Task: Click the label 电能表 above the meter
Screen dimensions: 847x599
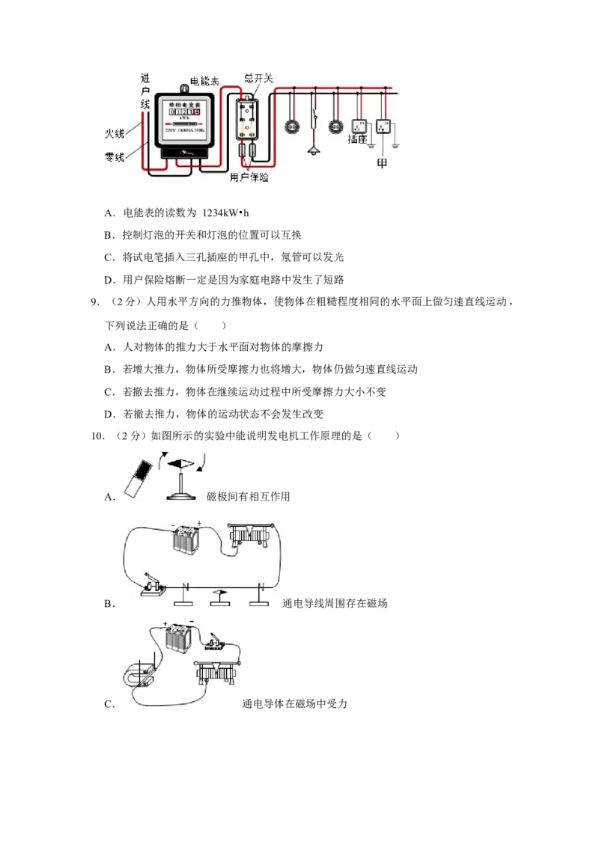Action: (205, 79)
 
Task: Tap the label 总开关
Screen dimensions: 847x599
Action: (259, 77)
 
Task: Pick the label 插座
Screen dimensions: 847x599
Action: (359, 138)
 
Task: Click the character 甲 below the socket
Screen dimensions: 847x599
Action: (382, 163)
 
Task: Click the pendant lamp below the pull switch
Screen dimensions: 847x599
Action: (313, 152)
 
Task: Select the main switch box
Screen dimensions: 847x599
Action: (247, 120)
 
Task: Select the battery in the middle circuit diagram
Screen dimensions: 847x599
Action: (184, 539)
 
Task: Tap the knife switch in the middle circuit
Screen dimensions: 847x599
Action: (156, 590)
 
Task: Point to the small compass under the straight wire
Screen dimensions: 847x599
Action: (217, 593)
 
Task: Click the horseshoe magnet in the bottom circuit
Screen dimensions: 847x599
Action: (140, 677)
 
